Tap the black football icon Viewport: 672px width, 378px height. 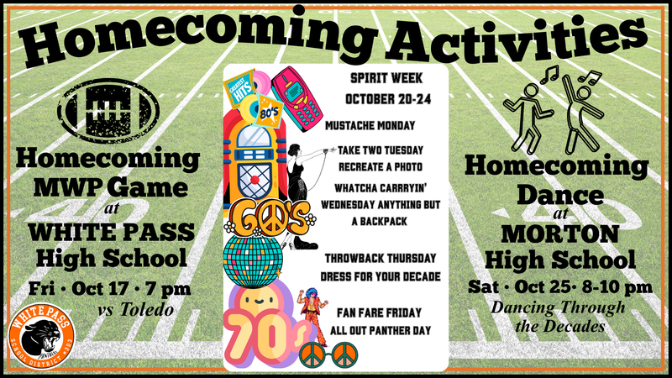pos(108,111)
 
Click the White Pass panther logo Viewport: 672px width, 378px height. pos(41,337)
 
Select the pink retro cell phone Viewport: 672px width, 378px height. pos(297,98)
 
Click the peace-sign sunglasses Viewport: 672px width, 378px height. pos(328,354)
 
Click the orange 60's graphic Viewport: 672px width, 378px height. pos(270,218)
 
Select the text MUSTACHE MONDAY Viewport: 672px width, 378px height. pos(370,125)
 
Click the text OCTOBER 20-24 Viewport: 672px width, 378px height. pos(388,99)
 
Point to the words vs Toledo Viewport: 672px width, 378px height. pos(135,309)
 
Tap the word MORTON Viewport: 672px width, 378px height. pos(560,234)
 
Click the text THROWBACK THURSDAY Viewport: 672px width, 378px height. pos(381,259)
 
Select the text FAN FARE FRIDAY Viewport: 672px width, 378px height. pos(380,312)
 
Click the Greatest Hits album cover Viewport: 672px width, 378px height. pos(239,88)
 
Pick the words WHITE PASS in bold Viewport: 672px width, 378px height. pos(112,233)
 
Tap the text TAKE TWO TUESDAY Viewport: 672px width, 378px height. pos(381,150)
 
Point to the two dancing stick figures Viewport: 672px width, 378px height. pos(554,111)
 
